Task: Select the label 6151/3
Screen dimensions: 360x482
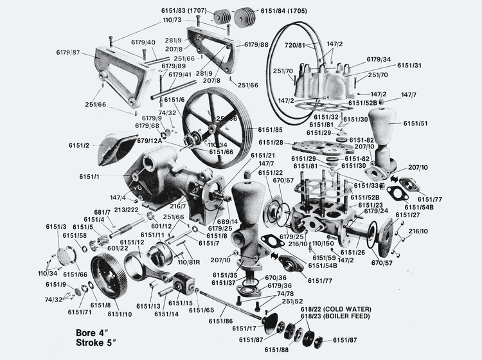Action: (x=56, y=227)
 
